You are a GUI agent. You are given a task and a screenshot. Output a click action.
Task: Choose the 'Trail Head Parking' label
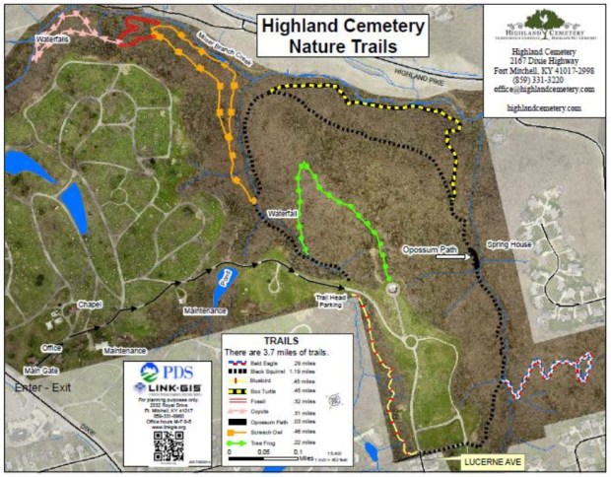coord(333,301)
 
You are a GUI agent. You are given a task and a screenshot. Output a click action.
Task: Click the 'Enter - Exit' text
coord(41,393)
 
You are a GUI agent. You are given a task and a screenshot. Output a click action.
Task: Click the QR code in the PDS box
coord(168,443)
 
